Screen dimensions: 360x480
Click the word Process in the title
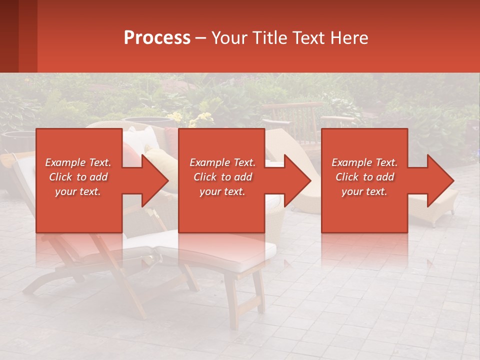(157, 38)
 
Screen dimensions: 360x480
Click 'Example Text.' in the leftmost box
(78, 162)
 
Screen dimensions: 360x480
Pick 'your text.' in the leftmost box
(78, 191)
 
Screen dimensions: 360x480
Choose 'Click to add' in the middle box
(222, 177)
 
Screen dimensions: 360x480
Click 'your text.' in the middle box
(222, 191)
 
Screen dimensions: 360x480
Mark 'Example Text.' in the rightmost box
(364, 162)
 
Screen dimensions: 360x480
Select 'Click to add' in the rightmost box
(364, 177)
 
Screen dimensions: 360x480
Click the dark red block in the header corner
(18, 36)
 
